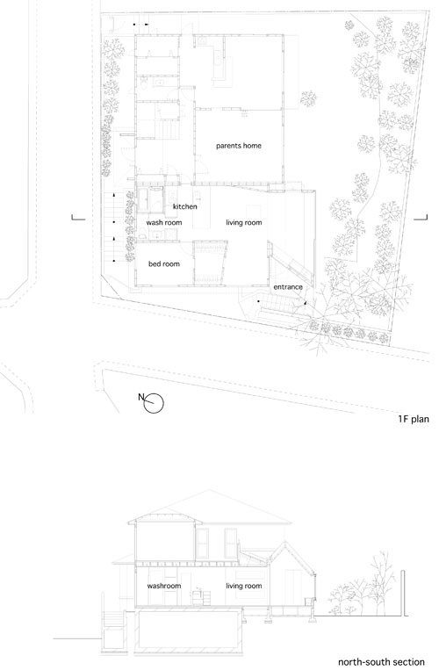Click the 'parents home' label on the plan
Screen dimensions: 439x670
coord(238,146)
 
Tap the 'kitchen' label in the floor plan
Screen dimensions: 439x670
coord(185,207)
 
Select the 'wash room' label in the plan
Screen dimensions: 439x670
coord(164,223)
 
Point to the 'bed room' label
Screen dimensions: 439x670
coord(164,264)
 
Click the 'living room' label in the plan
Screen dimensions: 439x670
coord(244,223)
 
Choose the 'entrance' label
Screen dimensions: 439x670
coord(288,287)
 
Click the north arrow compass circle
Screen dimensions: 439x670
coord(154,403)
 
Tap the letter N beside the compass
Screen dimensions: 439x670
coord(141,397)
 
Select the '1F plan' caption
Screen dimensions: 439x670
coord(413,419)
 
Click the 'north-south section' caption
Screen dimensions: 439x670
coord(381,662)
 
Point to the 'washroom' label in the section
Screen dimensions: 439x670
coord(164,586)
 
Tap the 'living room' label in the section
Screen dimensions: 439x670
coord(244,586)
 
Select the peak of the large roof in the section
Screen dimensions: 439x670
coord(209,490)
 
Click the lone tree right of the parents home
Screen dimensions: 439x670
coord(308,99)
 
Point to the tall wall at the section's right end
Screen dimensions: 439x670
coord(402,593)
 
